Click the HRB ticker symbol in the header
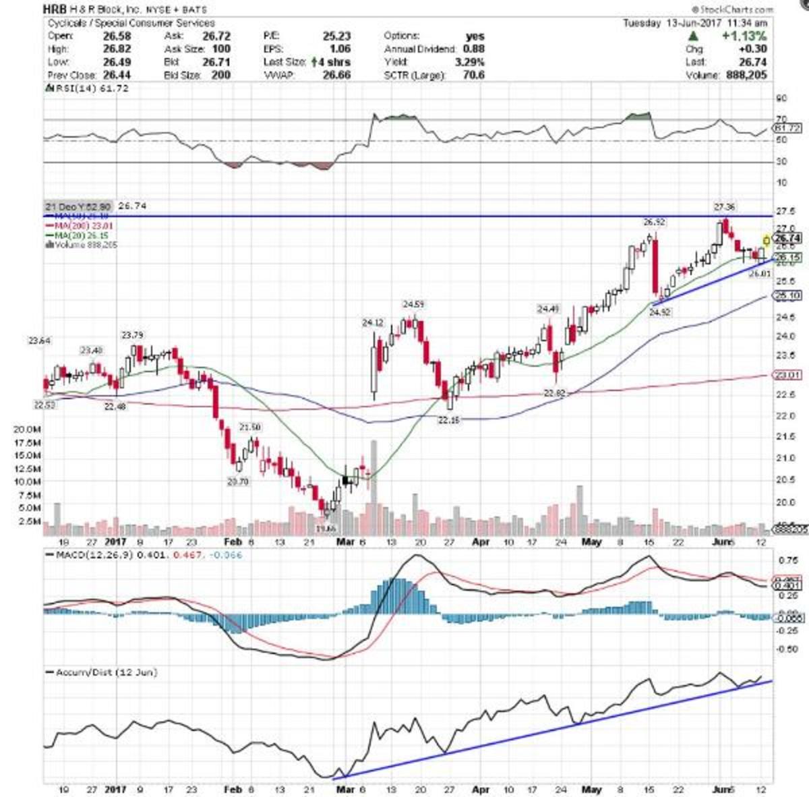(55, 9)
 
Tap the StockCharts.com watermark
(734, 9)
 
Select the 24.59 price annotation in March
(413, 304)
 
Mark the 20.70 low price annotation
(239, 481)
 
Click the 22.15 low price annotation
(448, 419)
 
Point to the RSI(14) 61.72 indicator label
(87, 88)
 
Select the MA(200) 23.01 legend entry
(76, 225)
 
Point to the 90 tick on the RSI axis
(781, 98)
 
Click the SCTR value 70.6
(473, 75)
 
